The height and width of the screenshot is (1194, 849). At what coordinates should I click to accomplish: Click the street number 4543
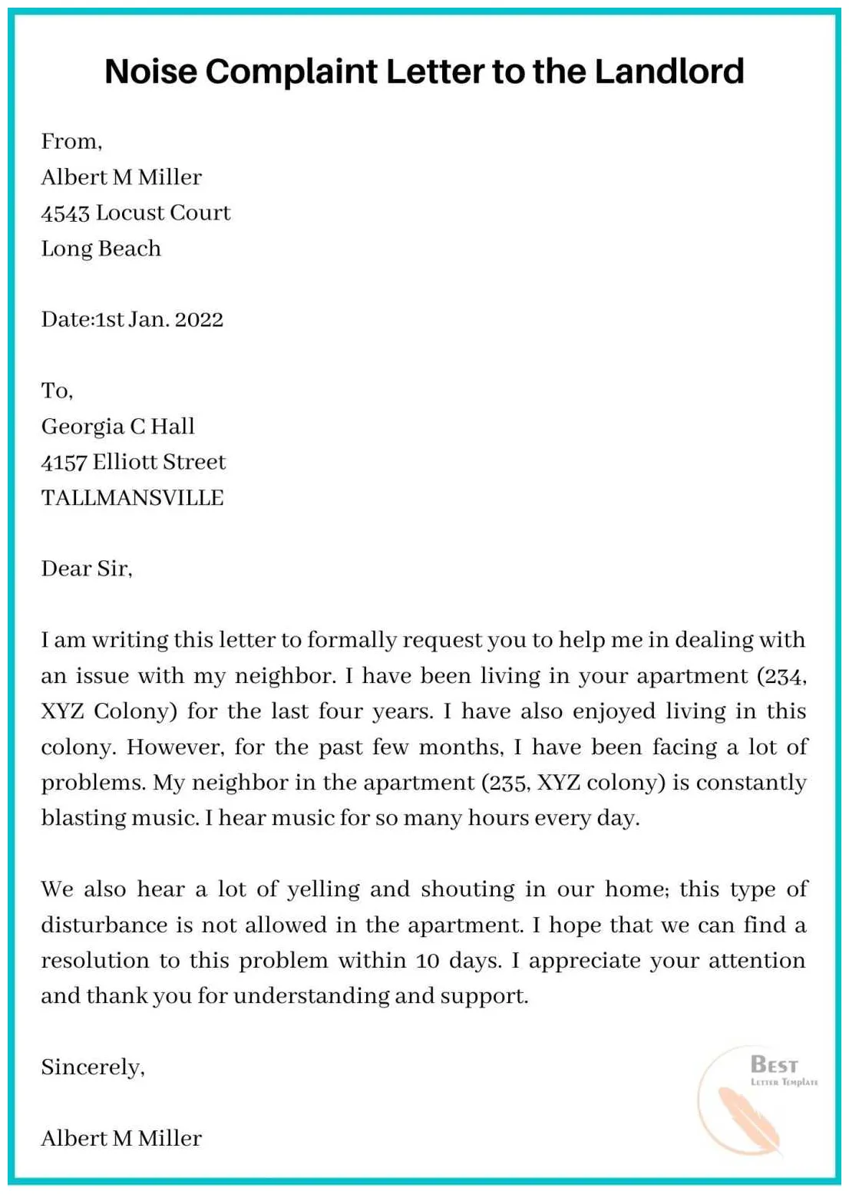point(65,213)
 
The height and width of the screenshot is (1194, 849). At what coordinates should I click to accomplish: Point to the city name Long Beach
point(101,249)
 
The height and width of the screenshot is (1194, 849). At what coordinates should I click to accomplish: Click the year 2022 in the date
point(199,319)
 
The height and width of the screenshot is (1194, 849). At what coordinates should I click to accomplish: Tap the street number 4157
point(64,462)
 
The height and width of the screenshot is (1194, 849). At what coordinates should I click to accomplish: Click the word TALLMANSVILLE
point(132,497)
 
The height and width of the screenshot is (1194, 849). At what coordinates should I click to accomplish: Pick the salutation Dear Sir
point(86,569)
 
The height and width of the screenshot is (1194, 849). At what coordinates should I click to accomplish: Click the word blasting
point(83,818)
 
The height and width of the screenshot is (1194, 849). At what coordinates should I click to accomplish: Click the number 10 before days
point(428,961)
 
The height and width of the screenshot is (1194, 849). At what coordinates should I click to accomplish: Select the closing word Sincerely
point(91,1067)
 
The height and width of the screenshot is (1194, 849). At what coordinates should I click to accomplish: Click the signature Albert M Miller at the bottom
point(121,1138)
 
